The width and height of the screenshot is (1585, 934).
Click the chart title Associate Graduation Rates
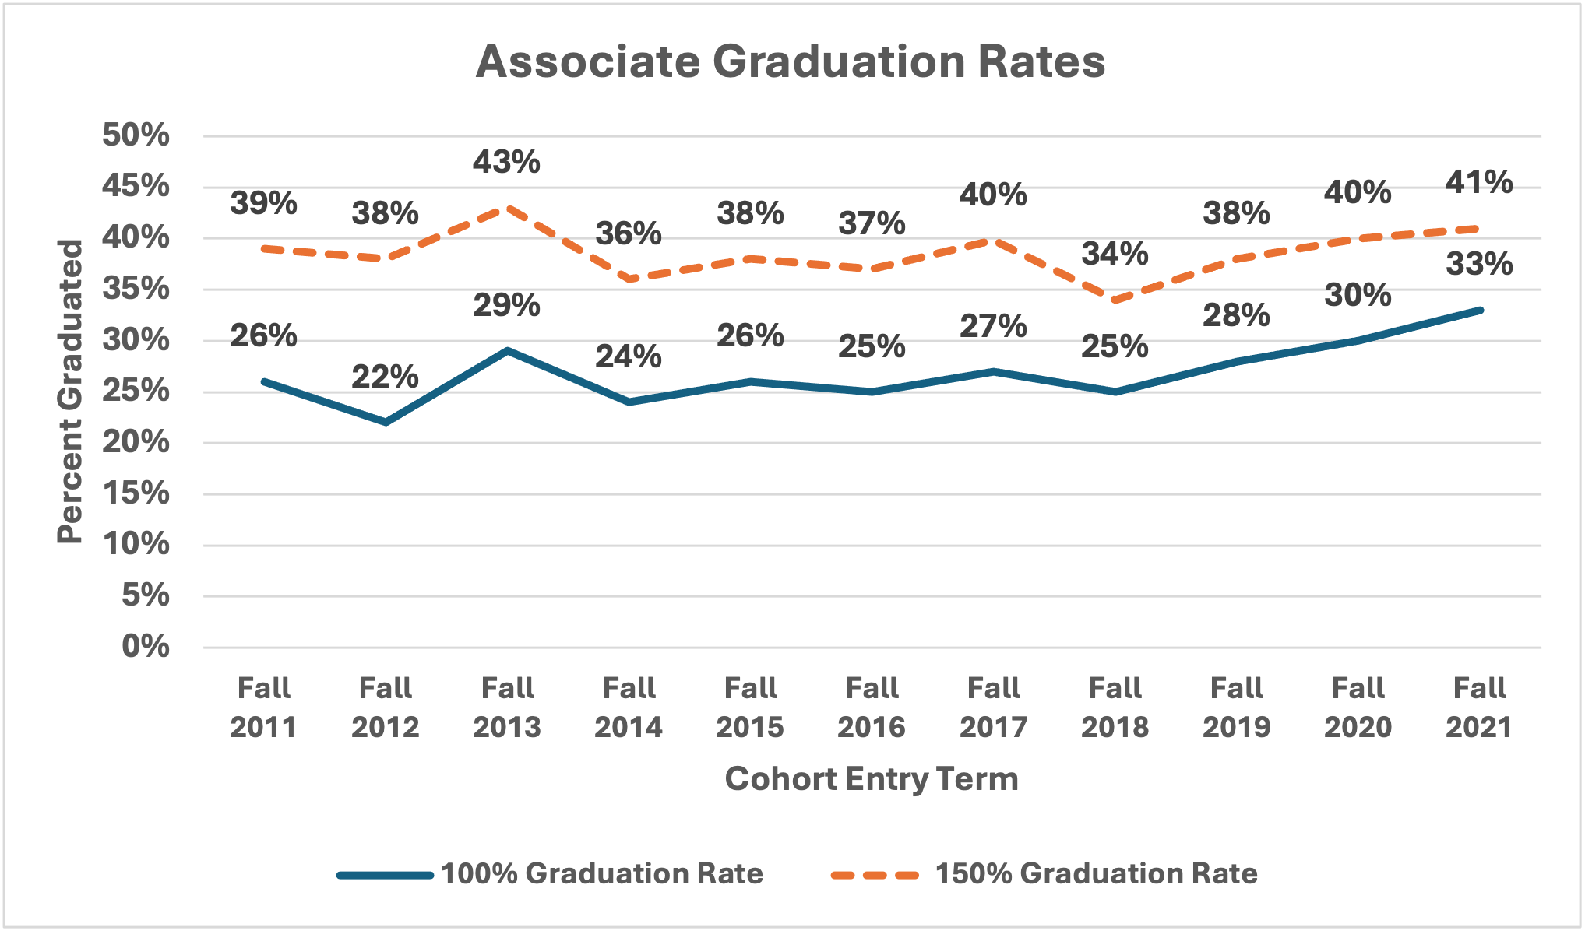(790, 61)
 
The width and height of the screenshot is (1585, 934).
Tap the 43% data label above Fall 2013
(506, 162)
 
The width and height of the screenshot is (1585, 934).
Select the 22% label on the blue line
(385, 377)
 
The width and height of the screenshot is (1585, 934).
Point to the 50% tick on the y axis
(136, 135)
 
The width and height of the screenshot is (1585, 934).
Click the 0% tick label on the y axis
(145, 647)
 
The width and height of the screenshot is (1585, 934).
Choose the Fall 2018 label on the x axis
(1115, 708)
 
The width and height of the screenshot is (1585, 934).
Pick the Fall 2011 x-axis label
(263, 708)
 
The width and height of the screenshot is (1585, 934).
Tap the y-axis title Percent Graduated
(70, 392)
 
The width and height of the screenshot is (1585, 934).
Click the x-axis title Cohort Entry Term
(872, 779)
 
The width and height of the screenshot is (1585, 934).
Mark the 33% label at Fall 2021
(1479, 265)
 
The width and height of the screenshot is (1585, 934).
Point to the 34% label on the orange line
(1115, 254)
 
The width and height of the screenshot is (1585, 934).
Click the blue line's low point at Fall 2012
(386, 423)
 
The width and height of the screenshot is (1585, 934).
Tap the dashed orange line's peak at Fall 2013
(507, 208)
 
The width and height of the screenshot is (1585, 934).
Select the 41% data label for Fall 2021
(1479, 182)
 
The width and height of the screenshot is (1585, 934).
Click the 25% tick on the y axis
(136, 392)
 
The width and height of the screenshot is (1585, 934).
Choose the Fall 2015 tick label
(750, 708)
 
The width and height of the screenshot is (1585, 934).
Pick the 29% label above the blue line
(506, 305)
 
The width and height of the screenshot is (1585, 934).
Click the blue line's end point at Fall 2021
(1480, 310)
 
